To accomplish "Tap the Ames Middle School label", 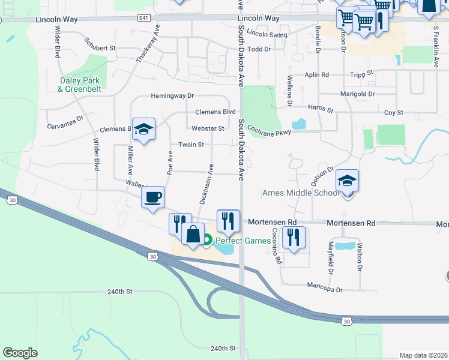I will coord(301,193).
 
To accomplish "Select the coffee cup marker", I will coord(152,197).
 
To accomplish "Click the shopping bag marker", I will coord(193,234).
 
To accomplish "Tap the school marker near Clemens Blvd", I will coord(143,129).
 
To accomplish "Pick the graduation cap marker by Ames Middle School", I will coord(347,181).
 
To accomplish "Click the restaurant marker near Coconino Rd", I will coord(294,238).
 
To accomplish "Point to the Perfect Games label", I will coord(243,241).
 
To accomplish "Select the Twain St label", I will coord(191,145).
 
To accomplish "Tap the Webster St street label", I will coord(208,128).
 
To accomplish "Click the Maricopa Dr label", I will coord(325,289).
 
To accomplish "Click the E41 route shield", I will coord(143,18).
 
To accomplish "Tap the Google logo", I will coord(20,353).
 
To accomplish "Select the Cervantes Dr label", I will coord(64,122).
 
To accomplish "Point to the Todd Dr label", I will coord(259,49).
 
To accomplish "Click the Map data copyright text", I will coord(423,355).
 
